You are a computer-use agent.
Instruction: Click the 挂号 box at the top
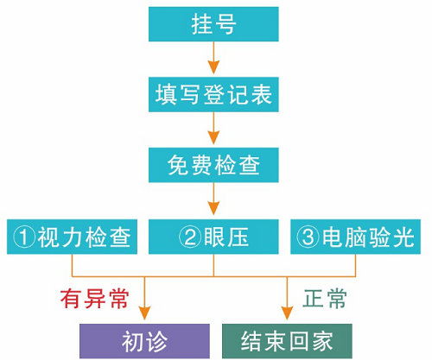pyautogui.click(x=213, y=24)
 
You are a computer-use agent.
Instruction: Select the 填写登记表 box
pyautogui.click(x=213, y=94)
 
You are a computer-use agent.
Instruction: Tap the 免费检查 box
pyautogui.click(x=213, y=165)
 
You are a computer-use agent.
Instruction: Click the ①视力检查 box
pyautogui.click(x=72, y=237)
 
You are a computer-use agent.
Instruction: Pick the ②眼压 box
pyautogui.click(x=213, y=237)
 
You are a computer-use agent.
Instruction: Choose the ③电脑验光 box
pyautogui.click(x=355, y=237)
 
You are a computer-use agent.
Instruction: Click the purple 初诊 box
pyautogui.click(x=144, y=341)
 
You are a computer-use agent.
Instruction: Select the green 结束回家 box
pyautogui.click(x=287, y=341)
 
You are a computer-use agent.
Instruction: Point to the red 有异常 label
pyautogui.click(x=95, y=299)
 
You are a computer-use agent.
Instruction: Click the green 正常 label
pyautogui.click(x=325, y=299)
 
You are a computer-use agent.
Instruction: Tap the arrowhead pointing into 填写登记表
pyautogui.click(x=213, y=66)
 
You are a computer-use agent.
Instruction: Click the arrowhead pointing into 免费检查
pyautogui.click(x=213, y=137)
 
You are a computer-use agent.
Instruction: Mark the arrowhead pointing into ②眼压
pyautogui.click(x=213, y=208)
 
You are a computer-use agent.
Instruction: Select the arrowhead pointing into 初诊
pyautogui.click(x=144, y=313)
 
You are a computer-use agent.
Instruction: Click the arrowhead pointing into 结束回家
pyautogui.click(x=287, y=313)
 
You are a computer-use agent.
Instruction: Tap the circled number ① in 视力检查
pyautogui.click(x=24, y=237)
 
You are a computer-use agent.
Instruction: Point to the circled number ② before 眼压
pyautogui.click(x=190, y=237)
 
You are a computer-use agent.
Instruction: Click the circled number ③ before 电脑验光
pyautogui.click(x=308, y=237)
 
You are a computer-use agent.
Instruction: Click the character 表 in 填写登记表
pyautogui.click(x=262, y=94)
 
